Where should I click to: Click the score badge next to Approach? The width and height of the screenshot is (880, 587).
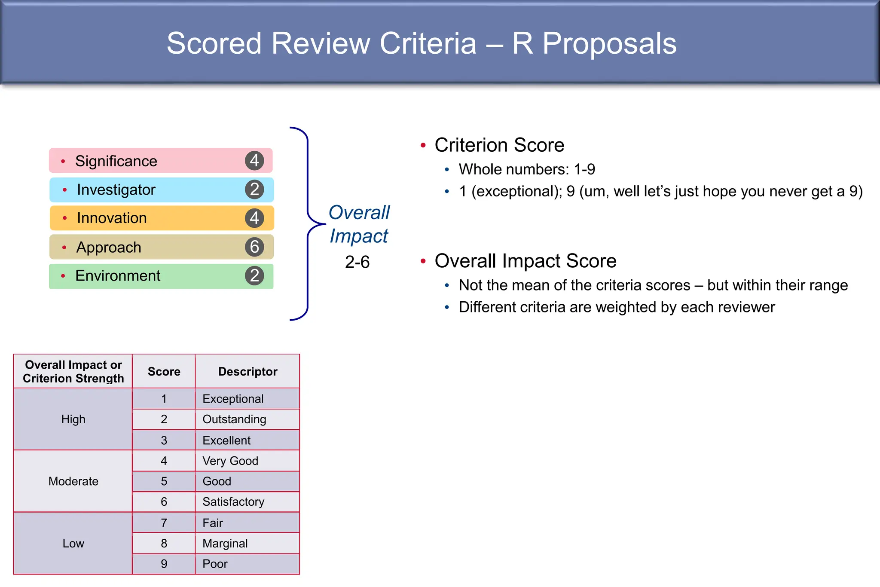(x=254, y=247)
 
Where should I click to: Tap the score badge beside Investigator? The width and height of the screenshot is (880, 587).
(x=254, y=190)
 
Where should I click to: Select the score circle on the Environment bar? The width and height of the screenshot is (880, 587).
(x=254, y=275)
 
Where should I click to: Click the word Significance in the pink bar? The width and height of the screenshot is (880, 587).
(x=116, y=161)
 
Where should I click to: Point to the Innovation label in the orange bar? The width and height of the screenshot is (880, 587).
(x=112, y=218)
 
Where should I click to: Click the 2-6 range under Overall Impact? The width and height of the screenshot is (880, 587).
(x=357, y=262)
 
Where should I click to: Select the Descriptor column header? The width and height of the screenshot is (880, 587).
(x=247, y=372)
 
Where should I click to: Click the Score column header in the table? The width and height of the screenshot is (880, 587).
(x=164, y=372)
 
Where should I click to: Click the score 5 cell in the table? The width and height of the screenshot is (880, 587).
(x=164, y=481)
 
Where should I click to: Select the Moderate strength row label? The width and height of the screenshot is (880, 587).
(x=73, y=481)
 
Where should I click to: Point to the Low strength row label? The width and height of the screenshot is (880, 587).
(x=73, y=544)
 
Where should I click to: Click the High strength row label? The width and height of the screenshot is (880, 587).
(x=73, y=419)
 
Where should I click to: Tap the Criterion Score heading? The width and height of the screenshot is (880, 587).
(x=499, y=145)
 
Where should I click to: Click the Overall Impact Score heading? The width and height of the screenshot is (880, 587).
(x=526, y=261)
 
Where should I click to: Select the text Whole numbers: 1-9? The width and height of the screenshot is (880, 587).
(x=527, y=169)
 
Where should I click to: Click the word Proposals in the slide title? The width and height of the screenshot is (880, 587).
(x=609, y=43)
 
